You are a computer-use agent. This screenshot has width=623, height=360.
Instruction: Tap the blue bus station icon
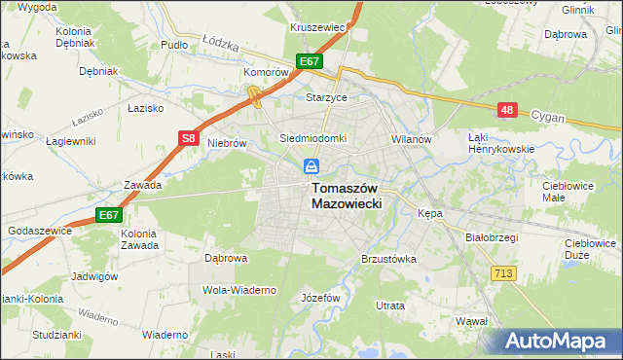click(311, 166)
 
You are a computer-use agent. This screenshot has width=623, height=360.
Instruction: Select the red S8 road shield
click(190, 139)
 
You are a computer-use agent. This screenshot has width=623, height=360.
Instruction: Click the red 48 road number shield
click(506, 111)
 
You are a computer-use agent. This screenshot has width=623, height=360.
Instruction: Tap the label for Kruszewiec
click(318, 27)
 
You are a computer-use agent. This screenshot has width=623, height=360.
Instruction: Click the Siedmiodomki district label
click(313, 138)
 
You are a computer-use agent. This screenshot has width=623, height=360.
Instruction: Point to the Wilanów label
click(411, 139)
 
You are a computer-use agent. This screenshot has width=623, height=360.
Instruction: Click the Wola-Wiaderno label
click(239, 290)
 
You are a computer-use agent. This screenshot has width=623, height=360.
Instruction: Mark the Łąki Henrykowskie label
click(495, 143)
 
